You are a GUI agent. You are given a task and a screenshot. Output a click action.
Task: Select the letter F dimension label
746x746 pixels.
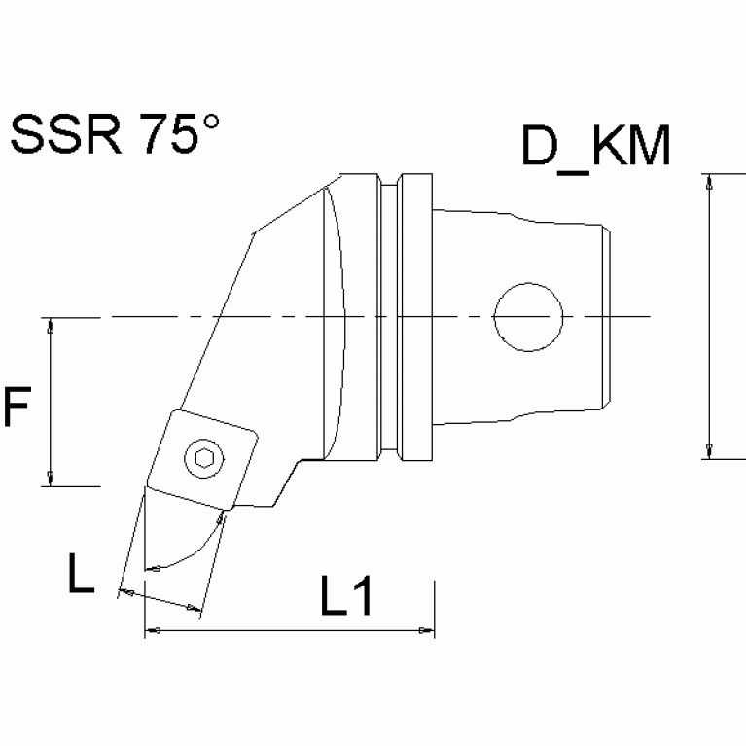[x=17, y=408]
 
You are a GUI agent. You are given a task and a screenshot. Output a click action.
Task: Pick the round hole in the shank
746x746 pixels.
[x=528, y=318]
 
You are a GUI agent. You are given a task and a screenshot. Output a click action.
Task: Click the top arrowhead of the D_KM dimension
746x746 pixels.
[x=711, y=181]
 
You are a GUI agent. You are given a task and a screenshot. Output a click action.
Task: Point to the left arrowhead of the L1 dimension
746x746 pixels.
[x=152, y=632]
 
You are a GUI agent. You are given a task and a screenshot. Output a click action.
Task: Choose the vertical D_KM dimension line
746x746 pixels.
[x=711, y=316]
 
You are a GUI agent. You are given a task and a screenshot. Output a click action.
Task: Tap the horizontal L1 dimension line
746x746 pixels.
[x=292, y=632]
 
